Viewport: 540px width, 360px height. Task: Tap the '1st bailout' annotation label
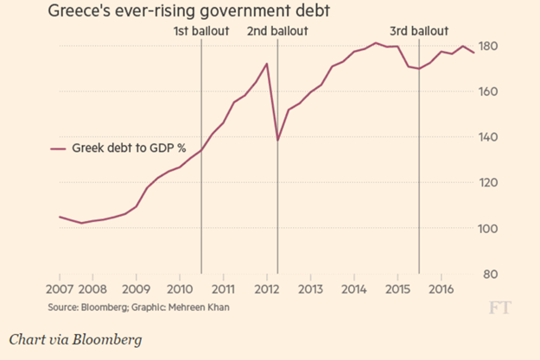tap(201, 32)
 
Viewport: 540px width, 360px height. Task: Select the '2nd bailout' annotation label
tap(276, 32)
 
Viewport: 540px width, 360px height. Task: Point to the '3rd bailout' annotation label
tap(419, 32)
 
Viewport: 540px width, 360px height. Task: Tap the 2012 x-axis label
tap(267, 288)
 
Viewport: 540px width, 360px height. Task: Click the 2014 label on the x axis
tap(354, 288)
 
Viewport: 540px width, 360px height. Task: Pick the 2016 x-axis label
tap(441, 288)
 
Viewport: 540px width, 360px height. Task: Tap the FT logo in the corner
tap(499, 307)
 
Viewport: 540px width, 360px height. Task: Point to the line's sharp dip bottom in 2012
tap(277, 140)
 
